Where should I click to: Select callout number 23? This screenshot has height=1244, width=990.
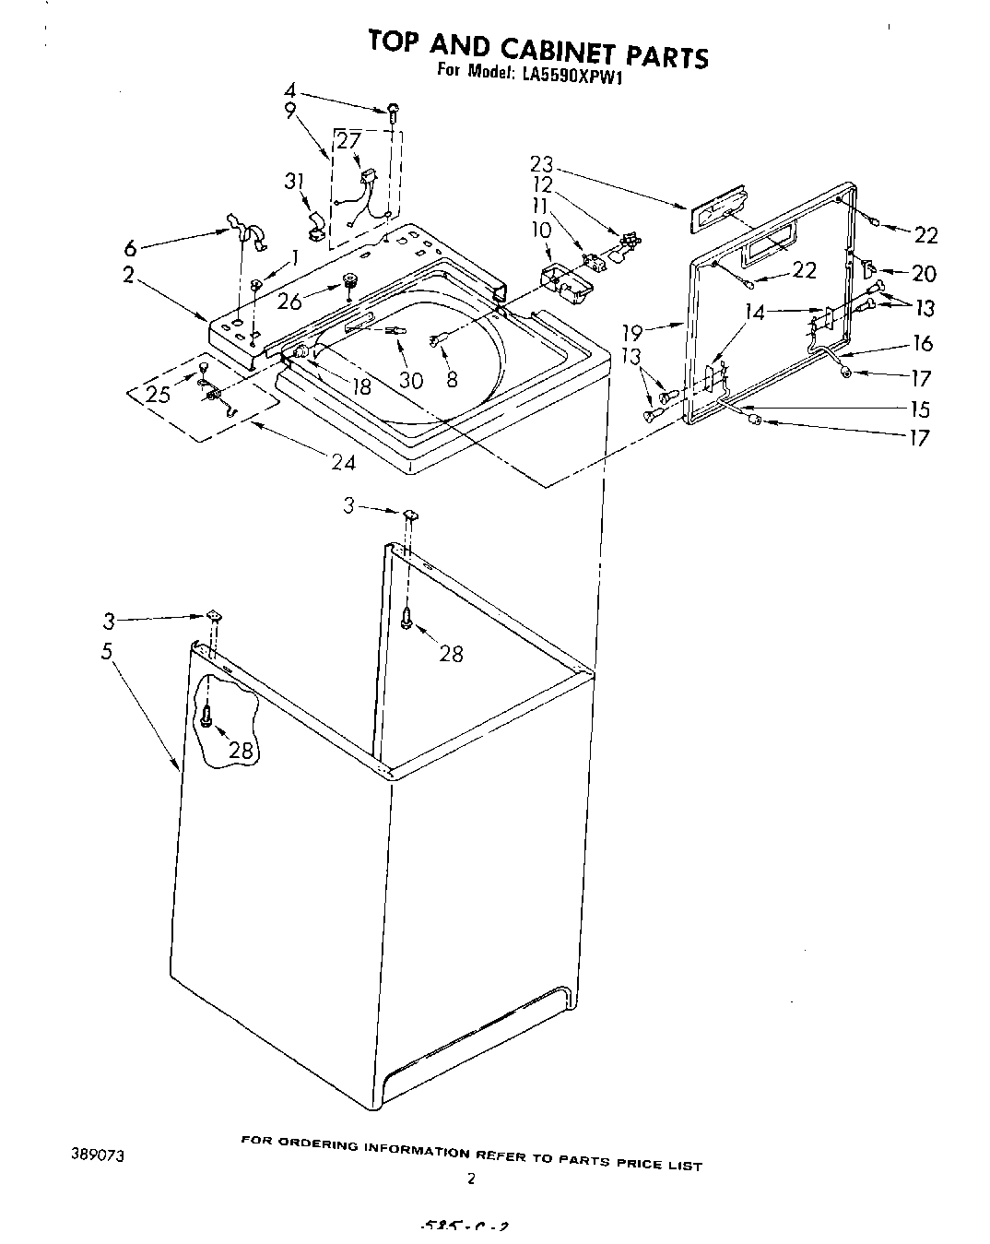[x=541, y=164]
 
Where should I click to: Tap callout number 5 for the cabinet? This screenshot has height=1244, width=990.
[x=107, y=651]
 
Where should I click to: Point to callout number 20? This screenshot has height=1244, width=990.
[x=924, y=273]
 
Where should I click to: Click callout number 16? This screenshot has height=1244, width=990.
[x=922, y=343]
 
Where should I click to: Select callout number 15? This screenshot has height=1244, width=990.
[x=920, y=409]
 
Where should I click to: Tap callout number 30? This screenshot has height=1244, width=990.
[x=412, y=379]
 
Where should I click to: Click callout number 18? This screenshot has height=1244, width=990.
[x=361, y=385]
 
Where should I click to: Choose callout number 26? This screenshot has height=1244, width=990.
[x=289, y=302]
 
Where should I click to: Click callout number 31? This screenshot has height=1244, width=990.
[x=294, y=182]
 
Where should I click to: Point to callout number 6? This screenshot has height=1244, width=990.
[x=131, y=248]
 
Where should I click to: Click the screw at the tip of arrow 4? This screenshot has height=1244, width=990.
[x=394, y=112]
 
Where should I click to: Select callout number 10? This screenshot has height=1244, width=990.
[x=541, y=229]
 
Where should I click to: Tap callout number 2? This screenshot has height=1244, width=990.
[x=130, y=274]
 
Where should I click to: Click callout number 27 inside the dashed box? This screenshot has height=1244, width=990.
[x=348, y=141]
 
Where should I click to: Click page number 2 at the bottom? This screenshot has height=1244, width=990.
[x=471, y=1178]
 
